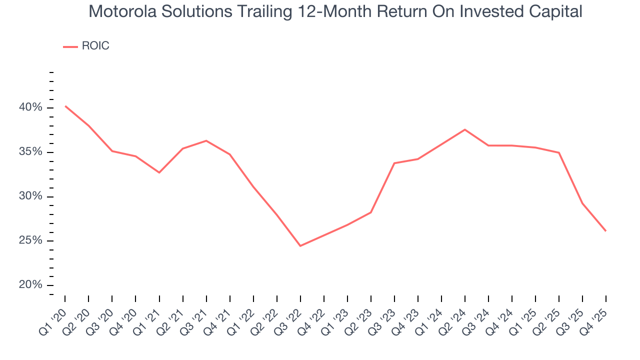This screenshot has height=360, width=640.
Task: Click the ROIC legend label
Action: [x=95, y=46]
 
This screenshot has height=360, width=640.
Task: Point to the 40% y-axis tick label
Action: [x=30, y=107]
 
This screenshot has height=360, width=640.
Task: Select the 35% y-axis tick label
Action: [x=30, y=152]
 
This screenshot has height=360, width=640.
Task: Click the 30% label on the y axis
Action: [x=30, y=196]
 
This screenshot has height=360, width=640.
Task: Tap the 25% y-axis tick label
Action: [x=30, y=240]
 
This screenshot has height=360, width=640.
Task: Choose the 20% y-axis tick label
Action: [x=30, y=285]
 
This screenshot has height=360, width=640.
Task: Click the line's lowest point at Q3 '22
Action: [x=300, y=246]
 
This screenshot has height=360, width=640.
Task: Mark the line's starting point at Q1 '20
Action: [x=65, y=106]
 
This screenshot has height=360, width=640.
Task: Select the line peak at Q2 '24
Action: [x=465, y=129]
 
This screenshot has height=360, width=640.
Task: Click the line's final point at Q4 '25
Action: [x=606, y=231]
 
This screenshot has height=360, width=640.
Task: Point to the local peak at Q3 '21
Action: [x=206, y=140]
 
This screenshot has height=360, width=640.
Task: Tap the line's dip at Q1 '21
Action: [x=159, y=172]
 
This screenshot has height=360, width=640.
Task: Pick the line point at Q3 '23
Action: [x=394, y=163]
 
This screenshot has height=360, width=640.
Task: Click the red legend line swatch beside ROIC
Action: [x=70, y=46]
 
